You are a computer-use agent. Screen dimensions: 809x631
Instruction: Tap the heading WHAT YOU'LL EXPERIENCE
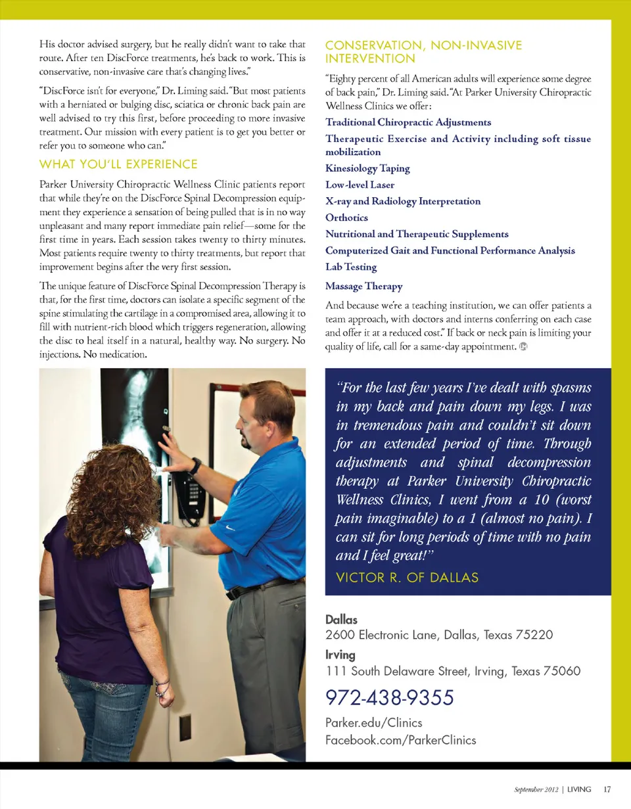pos(118,163)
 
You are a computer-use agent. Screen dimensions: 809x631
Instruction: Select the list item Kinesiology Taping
pos(367,168)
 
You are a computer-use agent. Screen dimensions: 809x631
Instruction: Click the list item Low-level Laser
pos(360,185)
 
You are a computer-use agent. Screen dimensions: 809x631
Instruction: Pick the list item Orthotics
pos(346,218)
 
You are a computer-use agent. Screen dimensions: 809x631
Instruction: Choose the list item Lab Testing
pos(351,267)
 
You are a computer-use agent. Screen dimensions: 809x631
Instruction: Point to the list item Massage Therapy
pos(363,287)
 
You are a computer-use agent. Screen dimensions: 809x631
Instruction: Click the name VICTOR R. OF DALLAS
pos(407,578)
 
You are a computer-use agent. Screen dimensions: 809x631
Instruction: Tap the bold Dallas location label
pos(341,620)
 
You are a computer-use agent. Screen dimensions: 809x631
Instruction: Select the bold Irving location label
pos(340,655)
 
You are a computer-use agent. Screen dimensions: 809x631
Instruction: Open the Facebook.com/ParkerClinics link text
pos(401,740)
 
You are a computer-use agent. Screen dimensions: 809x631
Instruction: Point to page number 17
pos(607,789)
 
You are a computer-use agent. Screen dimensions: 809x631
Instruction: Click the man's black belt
pos(263,587)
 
